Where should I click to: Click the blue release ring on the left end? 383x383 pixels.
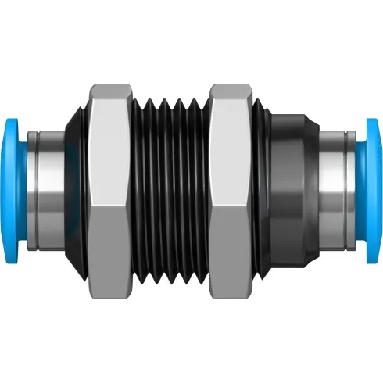tap(16, 191)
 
